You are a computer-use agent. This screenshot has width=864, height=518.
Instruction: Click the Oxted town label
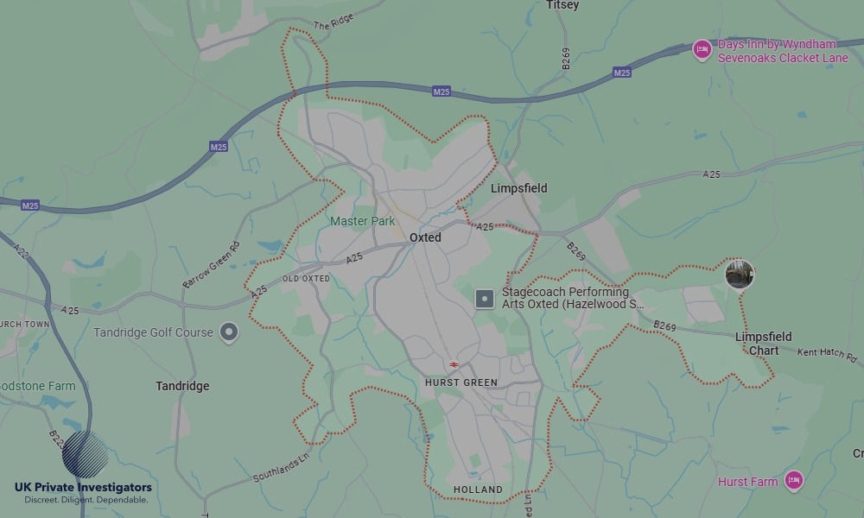tap(425, 237)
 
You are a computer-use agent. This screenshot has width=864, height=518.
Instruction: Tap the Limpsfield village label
tap(518, 188)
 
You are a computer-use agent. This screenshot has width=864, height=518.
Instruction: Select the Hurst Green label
tap(461, 382)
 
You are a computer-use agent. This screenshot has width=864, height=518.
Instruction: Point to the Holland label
tap(478, 490)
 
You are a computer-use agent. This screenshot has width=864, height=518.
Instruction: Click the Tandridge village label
tap(182, 386)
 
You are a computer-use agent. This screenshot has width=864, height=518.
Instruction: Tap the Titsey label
tap(562, 5)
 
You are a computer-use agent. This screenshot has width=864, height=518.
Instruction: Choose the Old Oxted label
tap(306, 279)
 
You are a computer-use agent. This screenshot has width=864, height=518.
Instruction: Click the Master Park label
tap(362, 221)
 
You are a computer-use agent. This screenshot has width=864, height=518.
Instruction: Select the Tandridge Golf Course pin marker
tap(228, 332)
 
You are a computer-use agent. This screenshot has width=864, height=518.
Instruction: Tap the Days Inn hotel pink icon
tap(702, 50)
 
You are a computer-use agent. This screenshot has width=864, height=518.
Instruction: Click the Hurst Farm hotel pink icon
tap(794, 481)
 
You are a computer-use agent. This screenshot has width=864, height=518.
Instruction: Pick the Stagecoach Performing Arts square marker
tap(485, 299)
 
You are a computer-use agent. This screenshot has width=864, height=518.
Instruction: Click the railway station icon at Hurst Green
tap(454, 365)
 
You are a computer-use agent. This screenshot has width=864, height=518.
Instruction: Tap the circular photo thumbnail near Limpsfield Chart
tap(740, 275)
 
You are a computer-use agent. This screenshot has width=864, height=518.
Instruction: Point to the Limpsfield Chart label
tap(763, 344)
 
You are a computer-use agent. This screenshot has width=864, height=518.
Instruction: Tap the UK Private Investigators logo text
tap(83, 488)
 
